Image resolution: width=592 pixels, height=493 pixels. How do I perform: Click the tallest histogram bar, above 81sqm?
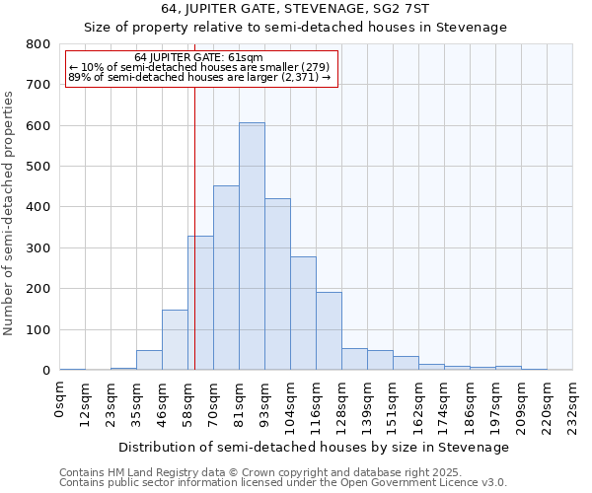pyautogui.click(x=252, y=246)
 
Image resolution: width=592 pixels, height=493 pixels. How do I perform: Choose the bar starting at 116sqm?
pyautogui.click(x=329, y=331)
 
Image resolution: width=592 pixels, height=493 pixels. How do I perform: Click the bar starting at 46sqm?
pyautogui.click(x=175, y=340)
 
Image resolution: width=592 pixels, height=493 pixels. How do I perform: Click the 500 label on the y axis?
pyautogui.click(x=38, y=167)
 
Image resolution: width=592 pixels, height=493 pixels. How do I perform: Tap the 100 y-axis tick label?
pyautogui.click(x=38, y=329)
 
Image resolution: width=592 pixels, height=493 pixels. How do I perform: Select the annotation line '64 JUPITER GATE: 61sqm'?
pyautogui.click(x=198, y=58)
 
